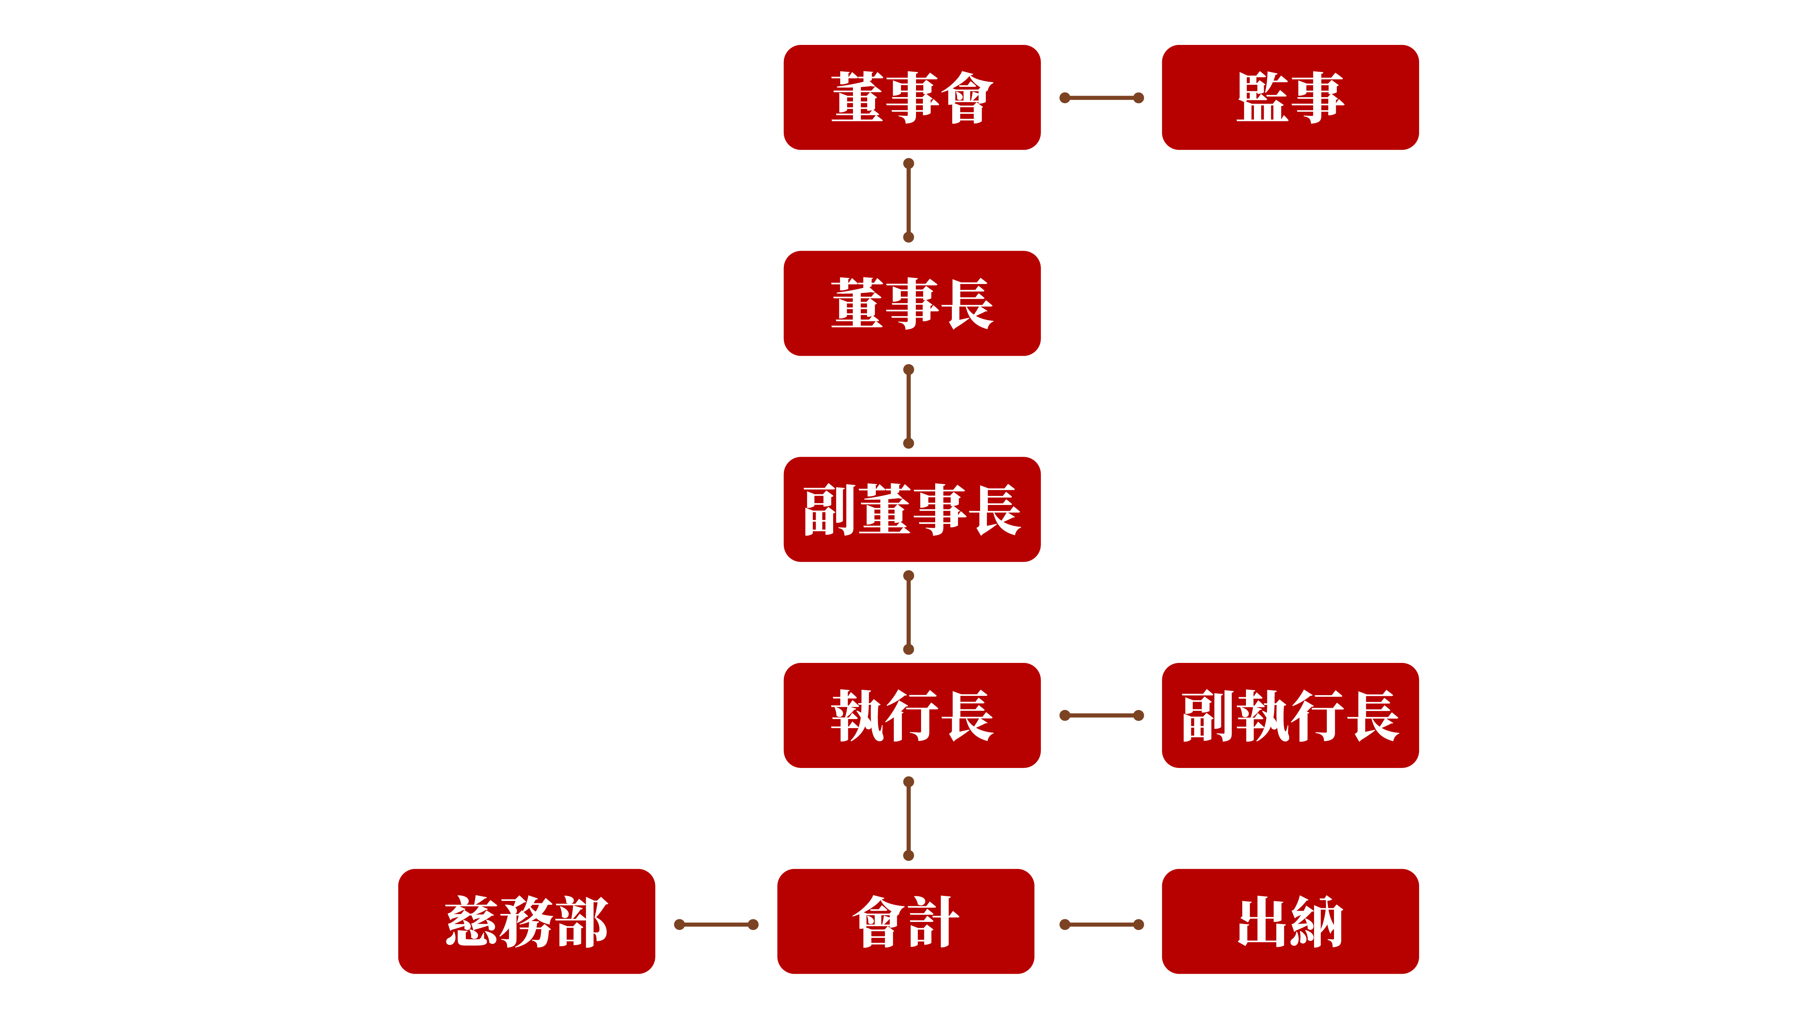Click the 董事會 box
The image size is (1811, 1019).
point(912,98)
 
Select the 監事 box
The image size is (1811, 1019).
point(1290,98)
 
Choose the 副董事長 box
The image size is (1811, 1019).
point(912,509)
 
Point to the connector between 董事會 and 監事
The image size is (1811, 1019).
point(1102,98)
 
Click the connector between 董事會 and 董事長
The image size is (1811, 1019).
point(908,200)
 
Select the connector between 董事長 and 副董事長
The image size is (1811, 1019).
point(908,406)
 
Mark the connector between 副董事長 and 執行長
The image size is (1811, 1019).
point(908,613)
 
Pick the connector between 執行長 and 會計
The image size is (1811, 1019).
point(908,819)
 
